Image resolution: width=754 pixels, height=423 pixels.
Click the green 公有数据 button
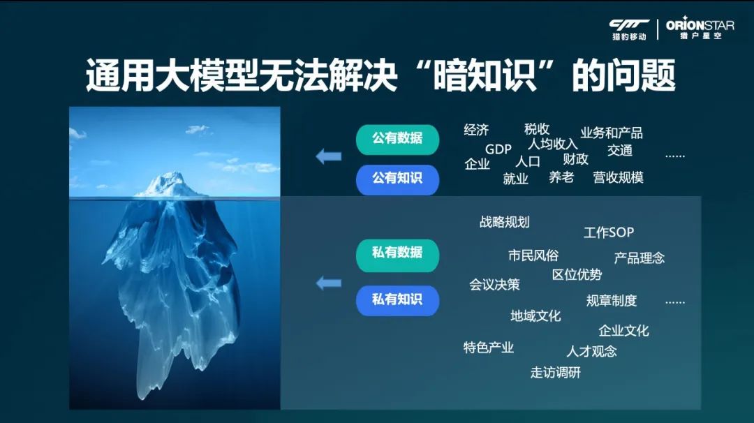397,139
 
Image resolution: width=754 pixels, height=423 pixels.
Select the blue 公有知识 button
397,179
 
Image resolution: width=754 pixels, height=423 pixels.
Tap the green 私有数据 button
397,254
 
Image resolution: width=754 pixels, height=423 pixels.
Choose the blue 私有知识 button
397,300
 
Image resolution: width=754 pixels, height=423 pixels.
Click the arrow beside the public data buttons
329,156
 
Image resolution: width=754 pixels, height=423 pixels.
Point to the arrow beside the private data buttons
329,283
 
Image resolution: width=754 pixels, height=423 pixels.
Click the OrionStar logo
700,29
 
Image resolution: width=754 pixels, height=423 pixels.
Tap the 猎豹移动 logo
629,29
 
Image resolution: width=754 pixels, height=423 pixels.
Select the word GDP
498,149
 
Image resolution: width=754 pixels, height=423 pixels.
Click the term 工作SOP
609,232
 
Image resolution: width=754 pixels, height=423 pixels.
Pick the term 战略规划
505,222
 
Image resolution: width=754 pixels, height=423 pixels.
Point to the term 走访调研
556,373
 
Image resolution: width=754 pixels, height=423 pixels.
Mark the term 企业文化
623,331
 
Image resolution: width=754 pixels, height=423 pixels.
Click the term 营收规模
618,177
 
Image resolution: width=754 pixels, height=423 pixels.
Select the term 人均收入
552,144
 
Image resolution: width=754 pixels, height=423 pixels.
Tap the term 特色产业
489,348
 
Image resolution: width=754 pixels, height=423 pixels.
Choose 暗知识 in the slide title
485,75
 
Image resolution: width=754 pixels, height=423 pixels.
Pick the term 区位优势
577,274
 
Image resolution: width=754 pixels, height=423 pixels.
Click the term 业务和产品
612,133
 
